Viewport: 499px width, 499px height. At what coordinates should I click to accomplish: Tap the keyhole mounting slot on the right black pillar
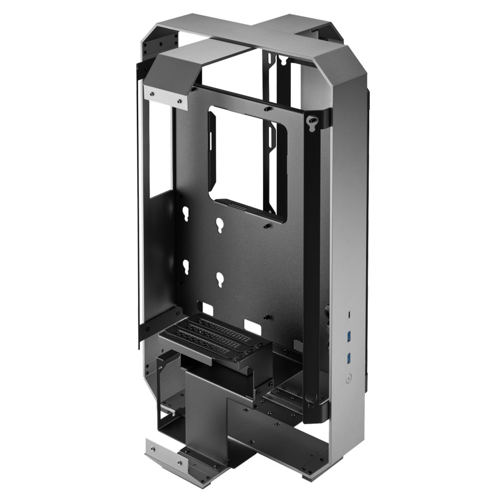(x=313, y=120)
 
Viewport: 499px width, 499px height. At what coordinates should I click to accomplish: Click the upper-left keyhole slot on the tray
(x=186, y=213)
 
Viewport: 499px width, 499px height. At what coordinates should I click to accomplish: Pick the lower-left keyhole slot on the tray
(x=186, y=265)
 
